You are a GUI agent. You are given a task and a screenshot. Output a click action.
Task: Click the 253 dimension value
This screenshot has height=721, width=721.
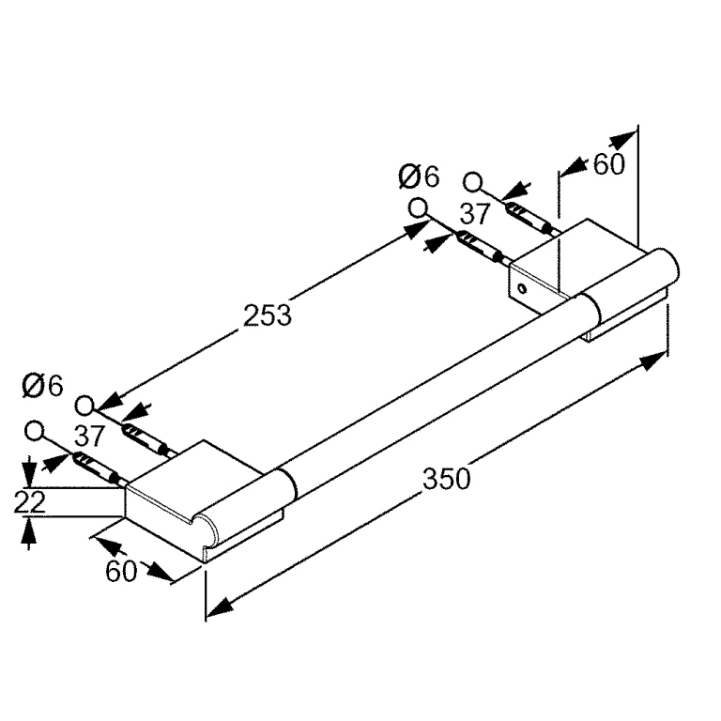268,315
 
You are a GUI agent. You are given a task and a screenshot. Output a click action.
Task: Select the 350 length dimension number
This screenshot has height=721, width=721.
447,479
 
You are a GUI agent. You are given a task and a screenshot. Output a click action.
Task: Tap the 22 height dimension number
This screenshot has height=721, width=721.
30,502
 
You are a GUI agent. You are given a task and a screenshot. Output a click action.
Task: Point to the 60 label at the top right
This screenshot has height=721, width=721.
608,163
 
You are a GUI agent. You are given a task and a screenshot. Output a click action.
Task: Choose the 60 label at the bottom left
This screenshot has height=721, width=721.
121,572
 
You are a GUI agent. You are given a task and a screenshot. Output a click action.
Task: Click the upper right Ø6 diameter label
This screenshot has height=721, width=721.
419,177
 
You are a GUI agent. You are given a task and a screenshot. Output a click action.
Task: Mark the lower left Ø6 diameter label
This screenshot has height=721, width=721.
42,386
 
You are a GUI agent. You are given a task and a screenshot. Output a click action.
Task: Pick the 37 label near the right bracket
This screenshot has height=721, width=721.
475,214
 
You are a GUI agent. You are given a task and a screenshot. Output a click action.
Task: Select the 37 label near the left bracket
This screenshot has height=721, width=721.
90,436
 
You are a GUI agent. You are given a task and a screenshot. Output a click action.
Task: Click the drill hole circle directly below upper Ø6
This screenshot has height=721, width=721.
418,208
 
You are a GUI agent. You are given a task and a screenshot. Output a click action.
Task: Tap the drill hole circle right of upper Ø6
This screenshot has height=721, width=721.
472,182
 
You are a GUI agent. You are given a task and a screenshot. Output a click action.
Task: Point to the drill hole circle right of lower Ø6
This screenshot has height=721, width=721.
84,406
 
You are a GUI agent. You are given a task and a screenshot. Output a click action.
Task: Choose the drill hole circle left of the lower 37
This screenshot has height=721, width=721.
34,431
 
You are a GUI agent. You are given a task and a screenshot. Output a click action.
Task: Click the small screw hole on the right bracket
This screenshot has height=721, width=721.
521,289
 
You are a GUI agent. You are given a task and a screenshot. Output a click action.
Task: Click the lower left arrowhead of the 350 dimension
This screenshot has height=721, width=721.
220,606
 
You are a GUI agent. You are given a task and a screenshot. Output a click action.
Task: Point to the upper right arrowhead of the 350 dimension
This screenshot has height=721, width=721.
653,360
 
